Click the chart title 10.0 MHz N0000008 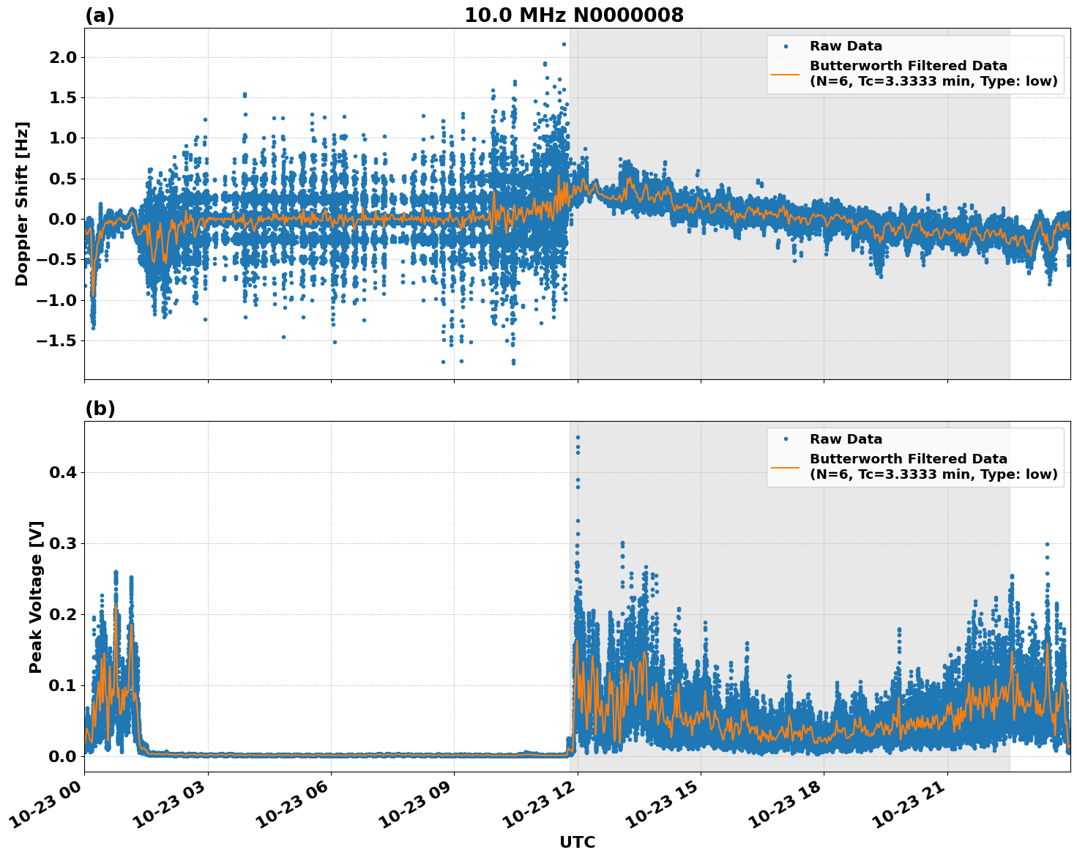point(574,15)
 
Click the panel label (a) point(100,15)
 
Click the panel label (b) point(100,409)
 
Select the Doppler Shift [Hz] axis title point(22,204)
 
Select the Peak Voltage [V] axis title point(36,597)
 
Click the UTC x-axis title point(577,842)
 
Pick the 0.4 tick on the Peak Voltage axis point(63,472)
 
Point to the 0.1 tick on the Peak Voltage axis point(63,685)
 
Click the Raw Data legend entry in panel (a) point(846,46)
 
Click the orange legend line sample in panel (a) point(786,73)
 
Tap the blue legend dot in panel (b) point(786,439)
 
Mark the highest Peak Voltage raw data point point(578,437)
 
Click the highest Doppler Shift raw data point point(564,44)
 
